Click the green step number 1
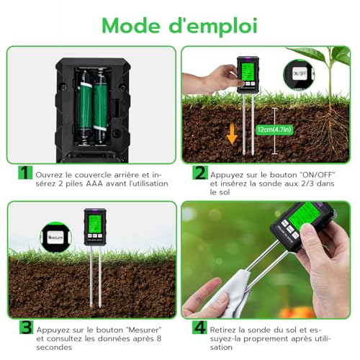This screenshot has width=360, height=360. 24,174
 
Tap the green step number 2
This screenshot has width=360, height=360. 199,174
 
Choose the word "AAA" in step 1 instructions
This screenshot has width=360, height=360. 94,184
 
